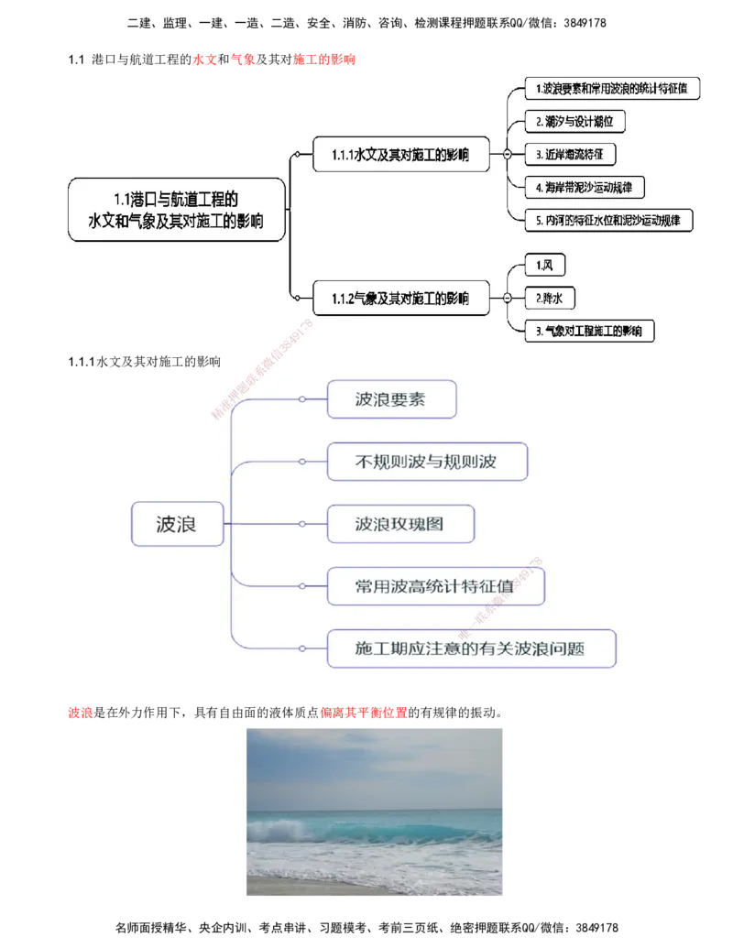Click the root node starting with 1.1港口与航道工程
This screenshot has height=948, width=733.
click(x=176, y=210)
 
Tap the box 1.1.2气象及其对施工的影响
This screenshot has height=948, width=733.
click(x=400, y=298)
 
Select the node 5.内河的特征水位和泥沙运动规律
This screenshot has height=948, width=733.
click(x=607, y=220)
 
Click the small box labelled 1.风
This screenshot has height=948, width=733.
click(x=545, y=266)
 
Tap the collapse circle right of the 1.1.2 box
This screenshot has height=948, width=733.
click(x=507, y=298)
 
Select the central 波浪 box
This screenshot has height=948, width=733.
click(x=178, y=524)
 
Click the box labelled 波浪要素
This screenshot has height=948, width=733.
click(x=391, y=399)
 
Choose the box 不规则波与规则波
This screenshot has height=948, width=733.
click(x=426, y=462)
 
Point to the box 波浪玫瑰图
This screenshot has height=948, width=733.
click(x=400, y=524)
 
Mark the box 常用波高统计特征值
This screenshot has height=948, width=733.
click(x=435, y=586)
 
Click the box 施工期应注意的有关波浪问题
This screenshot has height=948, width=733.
click(x=470, y=648)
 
